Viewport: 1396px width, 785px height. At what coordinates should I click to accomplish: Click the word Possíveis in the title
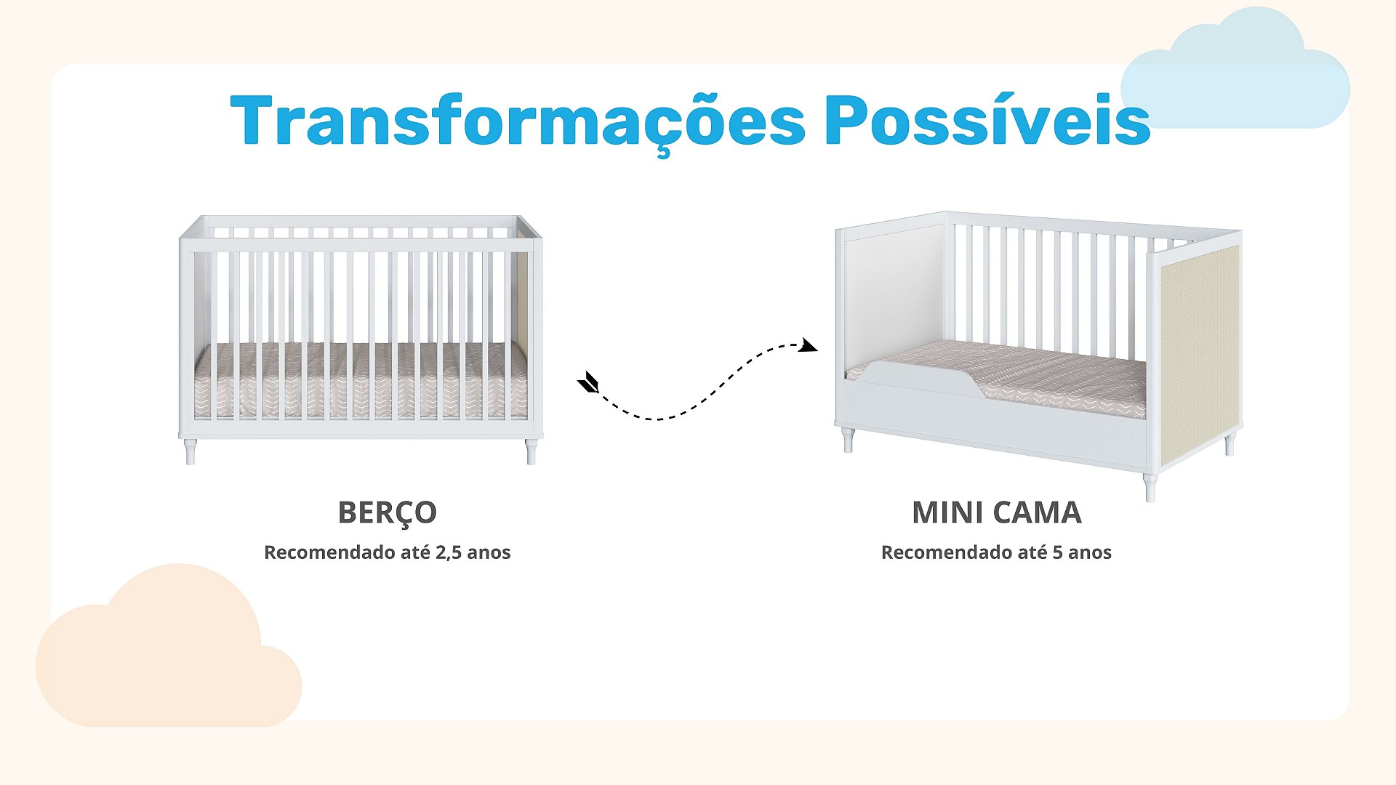[987, 119]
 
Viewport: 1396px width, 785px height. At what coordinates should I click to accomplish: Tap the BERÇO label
[387, 513]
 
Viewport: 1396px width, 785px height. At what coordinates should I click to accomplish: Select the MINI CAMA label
[996, 512]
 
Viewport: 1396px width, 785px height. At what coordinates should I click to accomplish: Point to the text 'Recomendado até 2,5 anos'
[387, 552]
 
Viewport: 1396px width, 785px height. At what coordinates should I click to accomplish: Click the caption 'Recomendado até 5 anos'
[996, 552]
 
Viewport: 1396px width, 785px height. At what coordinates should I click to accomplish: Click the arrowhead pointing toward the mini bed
[808, 345]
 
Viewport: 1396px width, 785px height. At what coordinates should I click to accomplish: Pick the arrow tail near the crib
[588, 382]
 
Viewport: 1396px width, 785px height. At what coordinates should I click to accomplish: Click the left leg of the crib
[190, 451]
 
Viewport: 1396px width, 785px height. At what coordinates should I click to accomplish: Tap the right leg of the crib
[531, 451]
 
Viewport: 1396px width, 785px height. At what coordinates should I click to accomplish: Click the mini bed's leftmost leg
[848, 440]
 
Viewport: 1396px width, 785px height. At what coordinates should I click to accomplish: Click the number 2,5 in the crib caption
[449, 552]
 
